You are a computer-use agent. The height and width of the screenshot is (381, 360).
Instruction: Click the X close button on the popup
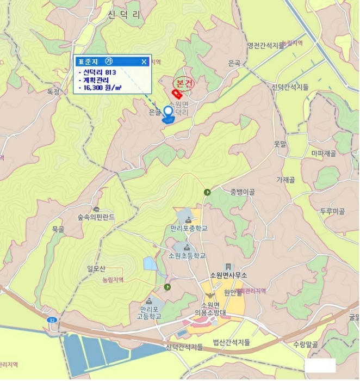[x=144, y=62]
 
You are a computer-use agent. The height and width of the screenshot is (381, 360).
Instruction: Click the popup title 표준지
[x=89, y=62]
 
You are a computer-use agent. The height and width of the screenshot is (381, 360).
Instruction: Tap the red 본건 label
[x=184, y=83]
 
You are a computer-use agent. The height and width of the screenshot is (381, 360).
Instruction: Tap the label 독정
[x=53, y=92]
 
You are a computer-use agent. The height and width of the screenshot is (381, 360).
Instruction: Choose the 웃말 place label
[x=280, y=144]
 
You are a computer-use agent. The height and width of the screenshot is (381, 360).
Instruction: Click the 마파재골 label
[x=324, y=154]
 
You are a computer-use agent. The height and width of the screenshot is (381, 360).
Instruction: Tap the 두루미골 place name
[x=333, y=211]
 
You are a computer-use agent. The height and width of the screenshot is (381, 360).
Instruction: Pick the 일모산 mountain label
[x=96, y=268]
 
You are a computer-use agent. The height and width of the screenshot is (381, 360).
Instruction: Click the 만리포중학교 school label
[x=189, y=228]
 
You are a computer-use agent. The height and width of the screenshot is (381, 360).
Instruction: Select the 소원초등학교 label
[x=187, y=255]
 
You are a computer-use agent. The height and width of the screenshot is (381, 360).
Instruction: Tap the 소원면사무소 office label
[x=228, y=275]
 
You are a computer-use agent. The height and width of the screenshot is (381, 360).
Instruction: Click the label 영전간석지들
[x=266, y=46]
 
